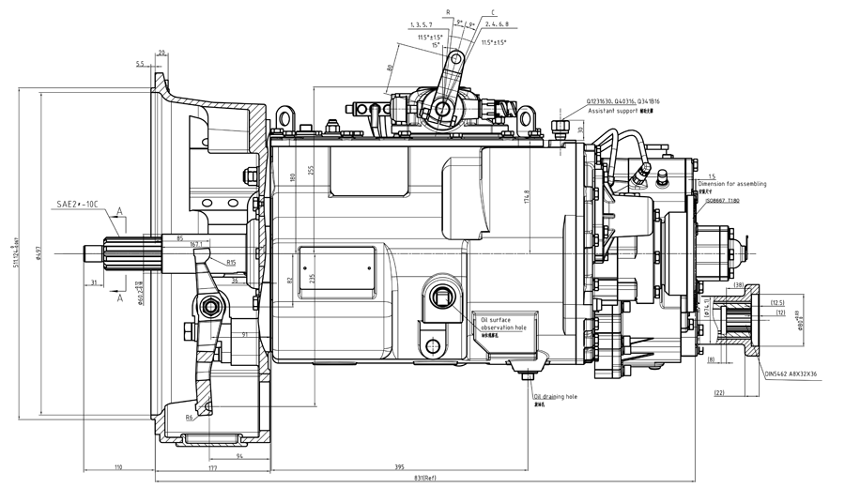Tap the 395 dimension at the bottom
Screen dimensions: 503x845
[x=400, y=466]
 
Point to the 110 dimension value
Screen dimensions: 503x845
[x=119, y=466]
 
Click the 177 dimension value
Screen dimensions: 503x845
[x=212, y=466]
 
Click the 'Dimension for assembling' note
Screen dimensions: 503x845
[x=731, y=183]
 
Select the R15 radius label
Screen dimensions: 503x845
[x=231, y=262]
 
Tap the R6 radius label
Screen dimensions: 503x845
[x=190, y=418]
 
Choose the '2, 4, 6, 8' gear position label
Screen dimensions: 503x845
[x=499, y=24]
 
